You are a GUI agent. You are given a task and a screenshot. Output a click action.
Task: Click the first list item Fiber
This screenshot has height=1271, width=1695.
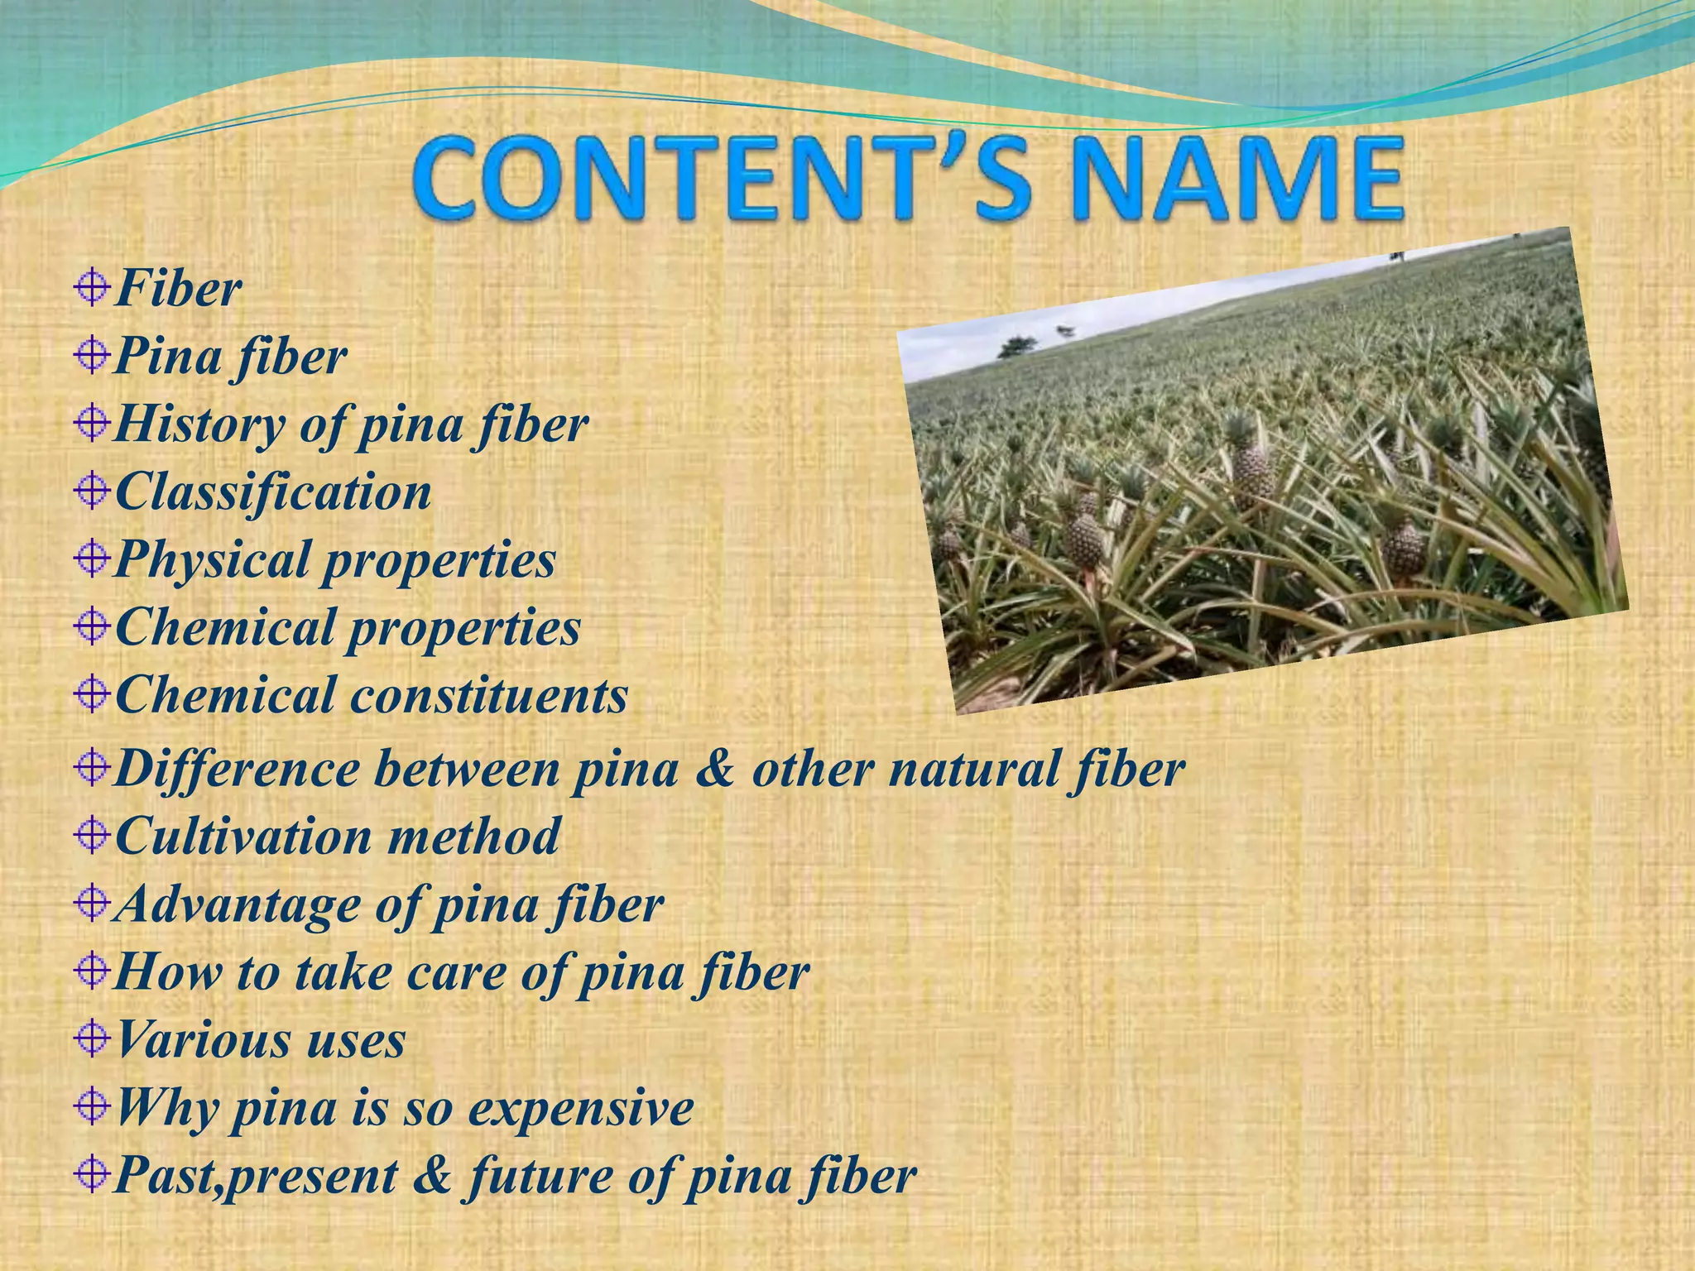tap(178, 289)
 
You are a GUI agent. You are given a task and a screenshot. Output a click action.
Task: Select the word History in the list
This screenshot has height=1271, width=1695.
tap(199, 424)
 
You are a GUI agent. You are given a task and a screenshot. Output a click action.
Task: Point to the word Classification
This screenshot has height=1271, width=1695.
tap(273, 492)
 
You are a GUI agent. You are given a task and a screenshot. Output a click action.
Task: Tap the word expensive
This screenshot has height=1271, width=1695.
tap(580, 1109)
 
